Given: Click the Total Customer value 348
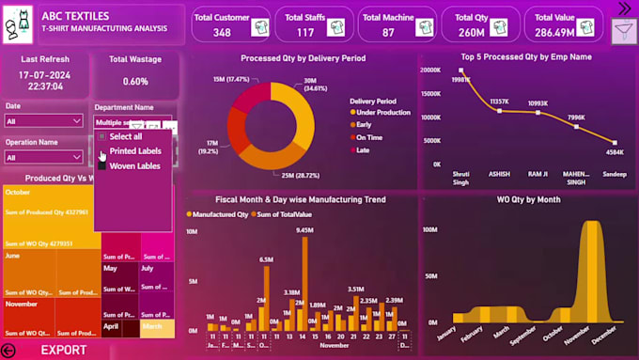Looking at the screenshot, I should pyautogui.click(x=222, y=33).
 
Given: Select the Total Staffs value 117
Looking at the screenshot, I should pyautogui.click(x=305, y=33).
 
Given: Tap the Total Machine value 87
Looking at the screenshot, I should pyautogui.click(x=388, y=33).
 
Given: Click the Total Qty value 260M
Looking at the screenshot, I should pyautogui.click(x=471, y=33).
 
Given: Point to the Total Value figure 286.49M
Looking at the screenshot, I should pyautogui.click(x=554, y=33).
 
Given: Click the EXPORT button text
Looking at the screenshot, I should pyautogui.click(x=63, y=351).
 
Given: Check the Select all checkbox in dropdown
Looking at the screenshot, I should pyautogui.click(x=102, y=136).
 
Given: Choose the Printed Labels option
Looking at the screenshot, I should pyautogui.click(x=135, y=150).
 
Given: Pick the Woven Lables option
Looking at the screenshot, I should pyautogui.click(x=134, y=165).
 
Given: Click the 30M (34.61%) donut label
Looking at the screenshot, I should pyautogui.click(x=316, y=84).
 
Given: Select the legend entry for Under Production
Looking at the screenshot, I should pyautogui.click(x=383, y=112).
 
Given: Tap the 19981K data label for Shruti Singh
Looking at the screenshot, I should pyautogui.click(x=460, y=80).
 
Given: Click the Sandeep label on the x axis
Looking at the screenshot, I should pyautogui.click(x=616, y=175).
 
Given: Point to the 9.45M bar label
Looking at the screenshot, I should pyautogui.click(x=304, y=229).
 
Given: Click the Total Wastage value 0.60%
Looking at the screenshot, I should pyautogui.click(x=135, y=81).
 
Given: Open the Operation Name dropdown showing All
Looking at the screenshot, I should pyautogui.click(x=43, y=157).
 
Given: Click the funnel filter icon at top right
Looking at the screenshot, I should pyautogui.click(x=621, y=34).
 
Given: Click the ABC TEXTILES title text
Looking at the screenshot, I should pyautogui.click(x=75, y=16).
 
